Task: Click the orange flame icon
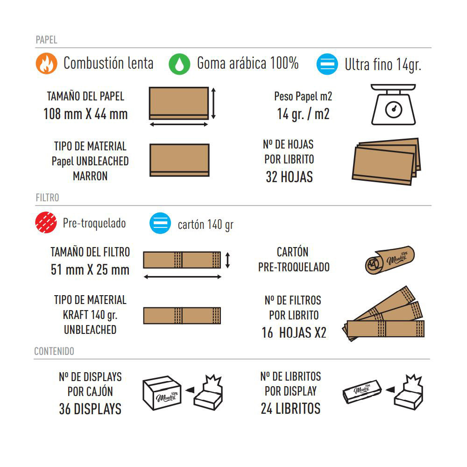46,64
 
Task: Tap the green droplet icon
179,64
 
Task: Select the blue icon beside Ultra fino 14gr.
327,64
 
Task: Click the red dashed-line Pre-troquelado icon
46,222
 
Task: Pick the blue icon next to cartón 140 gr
160,223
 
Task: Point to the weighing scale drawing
393,104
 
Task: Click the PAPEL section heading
46,40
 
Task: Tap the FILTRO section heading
47,198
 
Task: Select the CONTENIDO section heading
54,351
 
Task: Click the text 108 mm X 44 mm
85,114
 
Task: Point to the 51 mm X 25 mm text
90,270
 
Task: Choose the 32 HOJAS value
289,177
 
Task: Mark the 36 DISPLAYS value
90,409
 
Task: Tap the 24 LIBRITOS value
290,409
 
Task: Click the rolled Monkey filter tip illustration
390,260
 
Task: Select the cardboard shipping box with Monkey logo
162,393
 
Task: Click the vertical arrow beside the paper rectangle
213,103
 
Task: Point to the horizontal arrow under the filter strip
182,277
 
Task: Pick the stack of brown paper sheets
386,162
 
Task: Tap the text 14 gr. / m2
303,114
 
